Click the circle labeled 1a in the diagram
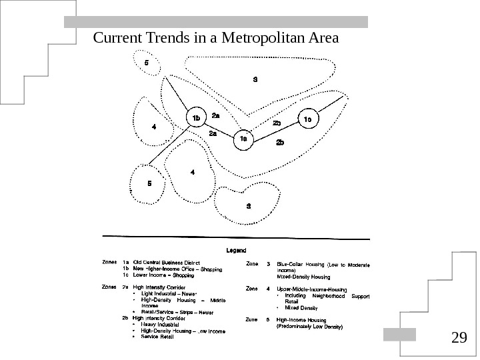[x=243, y=139]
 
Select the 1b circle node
[x=196, y=119]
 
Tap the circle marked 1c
[x=308, y=120]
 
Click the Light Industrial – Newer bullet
[x=170, y=293]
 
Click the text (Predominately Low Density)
[x=309, y=327]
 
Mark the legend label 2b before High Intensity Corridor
[x=125, y=318]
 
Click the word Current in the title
[x=115, y=37]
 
